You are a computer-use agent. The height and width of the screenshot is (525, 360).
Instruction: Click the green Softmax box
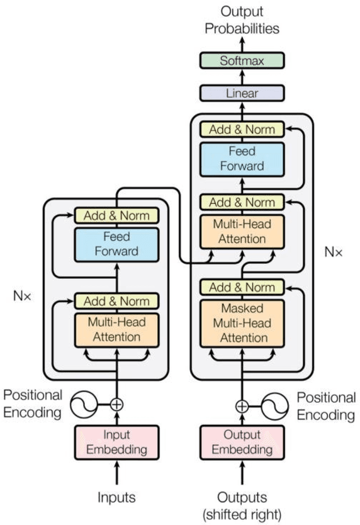[x=242, y=61]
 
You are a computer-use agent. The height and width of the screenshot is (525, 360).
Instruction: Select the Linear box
[x=242, y=93]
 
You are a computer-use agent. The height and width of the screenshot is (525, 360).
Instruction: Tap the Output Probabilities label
[x=242, y=20]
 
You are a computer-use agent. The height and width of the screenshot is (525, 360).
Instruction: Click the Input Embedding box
[x=116, y=442]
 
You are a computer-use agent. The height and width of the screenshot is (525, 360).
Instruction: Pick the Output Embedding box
[x=242, y=442]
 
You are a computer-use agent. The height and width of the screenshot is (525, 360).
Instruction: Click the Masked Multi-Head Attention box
[x=242, y=323]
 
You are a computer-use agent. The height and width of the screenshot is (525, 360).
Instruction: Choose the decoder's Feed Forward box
[x=242, y=160]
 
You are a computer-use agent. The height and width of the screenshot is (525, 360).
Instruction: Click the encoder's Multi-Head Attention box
[x=116, y=329]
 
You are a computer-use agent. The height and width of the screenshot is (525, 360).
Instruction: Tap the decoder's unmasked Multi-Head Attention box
[x=242, y=232]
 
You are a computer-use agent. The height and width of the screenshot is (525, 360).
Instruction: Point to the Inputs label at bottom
[x=116, y=497]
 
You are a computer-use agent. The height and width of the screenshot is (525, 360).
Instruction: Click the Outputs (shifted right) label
[x=242, y=505]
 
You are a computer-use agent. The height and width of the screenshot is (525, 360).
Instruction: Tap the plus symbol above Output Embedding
[x=242, y=405]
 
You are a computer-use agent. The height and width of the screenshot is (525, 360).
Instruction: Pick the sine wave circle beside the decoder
[x=273, y=405]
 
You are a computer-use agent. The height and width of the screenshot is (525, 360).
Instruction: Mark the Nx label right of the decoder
[x=333, y=252]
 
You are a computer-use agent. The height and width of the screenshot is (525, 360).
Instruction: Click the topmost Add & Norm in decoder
[x=242, y=130]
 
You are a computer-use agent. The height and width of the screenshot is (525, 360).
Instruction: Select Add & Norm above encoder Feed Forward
[x=116, y=215]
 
